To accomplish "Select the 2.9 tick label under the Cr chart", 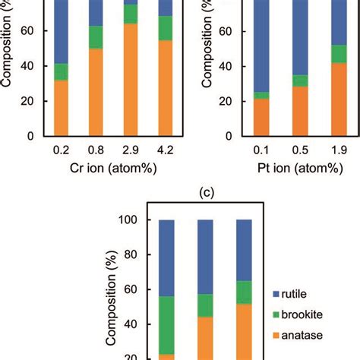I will pyautogui.click(x=130, y=151).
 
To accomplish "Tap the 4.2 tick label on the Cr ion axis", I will pyautogui.click(x=166, y=151).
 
